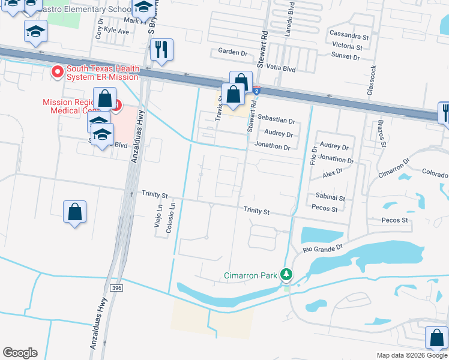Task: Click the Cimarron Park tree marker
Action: coord(286,275)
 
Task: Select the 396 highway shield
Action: coord(116,289)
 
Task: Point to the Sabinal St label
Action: coord(330,197)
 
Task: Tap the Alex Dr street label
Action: coord(332,172)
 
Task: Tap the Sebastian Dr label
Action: coord(277,121)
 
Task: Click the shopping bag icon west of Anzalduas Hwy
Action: coord(74,212)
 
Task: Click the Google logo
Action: coord(20,353)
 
